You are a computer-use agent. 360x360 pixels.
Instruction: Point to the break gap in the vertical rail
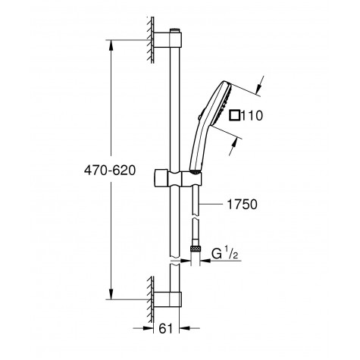(175, 262)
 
